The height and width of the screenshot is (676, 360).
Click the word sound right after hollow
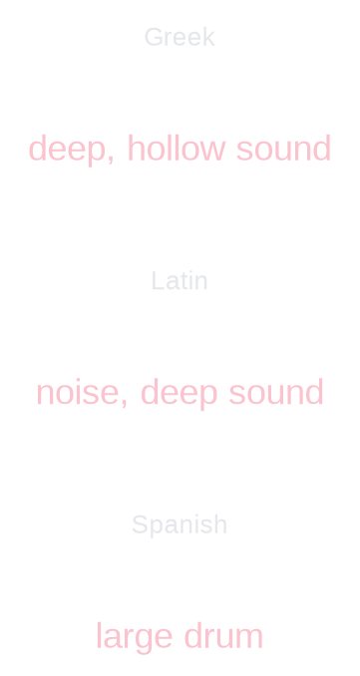(x=283, y=150)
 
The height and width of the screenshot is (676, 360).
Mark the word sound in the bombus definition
(x=276, y=393)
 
